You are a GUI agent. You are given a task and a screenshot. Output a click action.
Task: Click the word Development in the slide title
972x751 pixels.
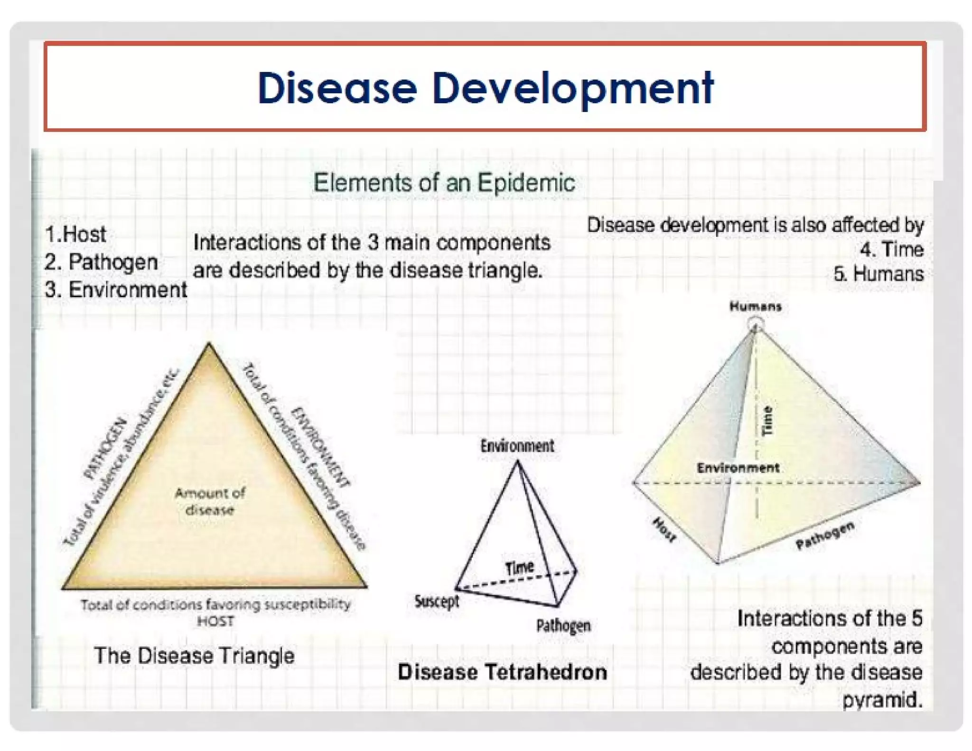point(572,89)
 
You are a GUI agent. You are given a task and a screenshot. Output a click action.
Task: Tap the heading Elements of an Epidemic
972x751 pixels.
point(444,183)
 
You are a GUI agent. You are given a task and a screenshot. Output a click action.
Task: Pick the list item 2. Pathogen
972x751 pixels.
point(101,262)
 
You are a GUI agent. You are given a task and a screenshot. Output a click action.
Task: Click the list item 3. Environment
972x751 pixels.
point(115,290)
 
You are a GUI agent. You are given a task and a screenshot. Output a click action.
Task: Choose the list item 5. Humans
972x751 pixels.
point(879,274)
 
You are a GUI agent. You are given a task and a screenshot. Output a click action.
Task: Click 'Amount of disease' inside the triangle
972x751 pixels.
point(210,501)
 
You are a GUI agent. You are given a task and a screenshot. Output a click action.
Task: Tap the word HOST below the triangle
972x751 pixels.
point(215,621)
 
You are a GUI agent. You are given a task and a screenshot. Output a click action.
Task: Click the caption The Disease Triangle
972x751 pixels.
point(194,656)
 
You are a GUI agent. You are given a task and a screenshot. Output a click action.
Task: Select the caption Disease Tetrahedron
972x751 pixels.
point(502,672)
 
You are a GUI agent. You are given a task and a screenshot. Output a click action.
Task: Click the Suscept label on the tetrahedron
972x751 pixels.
point(437,601)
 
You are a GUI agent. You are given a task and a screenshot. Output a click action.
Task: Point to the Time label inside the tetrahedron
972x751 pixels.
point(519,567)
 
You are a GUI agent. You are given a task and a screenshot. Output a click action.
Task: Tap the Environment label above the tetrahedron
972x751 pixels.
point(517,446)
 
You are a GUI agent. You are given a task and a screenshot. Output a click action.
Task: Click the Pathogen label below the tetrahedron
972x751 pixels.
point(563,626)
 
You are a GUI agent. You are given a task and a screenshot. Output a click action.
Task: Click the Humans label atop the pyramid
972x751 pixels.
point(755,307)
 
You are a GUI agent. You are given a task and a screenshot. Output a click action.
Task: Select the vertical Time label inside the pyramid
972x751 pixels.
point(767,421)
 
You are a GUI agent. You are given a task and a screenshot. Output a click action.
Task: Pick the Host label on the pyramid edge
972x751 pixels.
point(664,530)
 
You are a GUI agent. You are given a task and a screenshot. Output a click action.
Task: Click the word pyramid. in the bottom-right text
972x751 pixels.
point(882,700)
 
